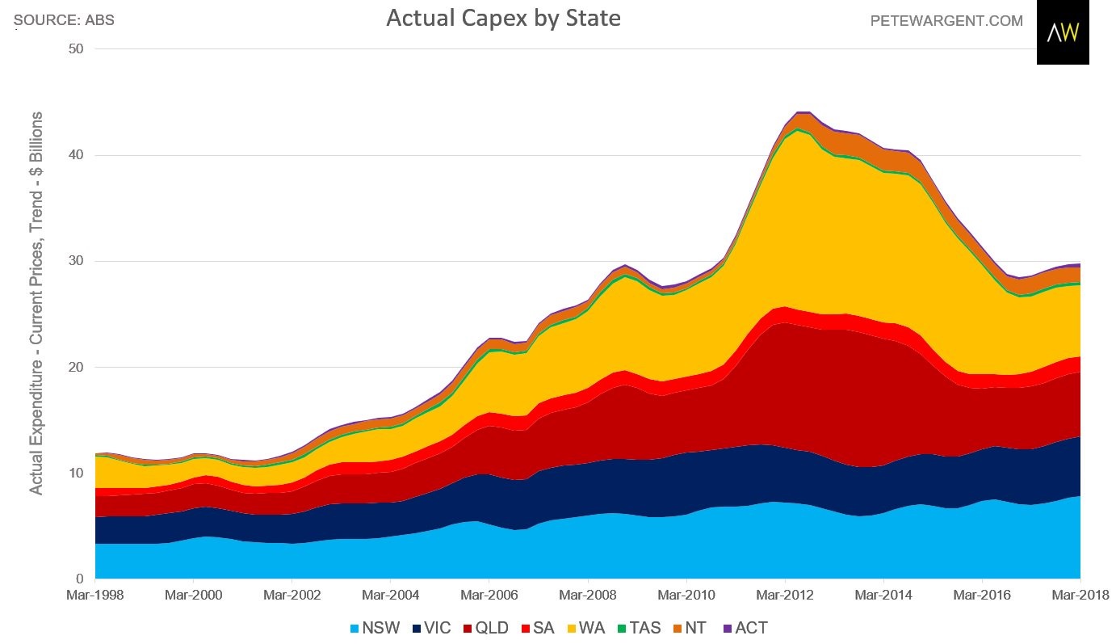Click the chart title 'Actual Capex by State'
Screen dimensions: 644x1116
click(503, 19)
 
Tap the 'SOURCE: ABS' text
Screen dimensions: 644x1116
click(64, 20)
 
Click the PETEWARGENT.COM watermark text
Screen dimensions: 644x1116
click(946, 21)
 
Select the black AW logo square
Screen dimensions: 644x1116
click(1063, 32)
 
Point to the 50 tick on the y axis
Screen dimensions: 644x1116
click(78, 49)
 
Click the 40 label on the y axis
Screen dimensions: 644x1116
click(78, 155)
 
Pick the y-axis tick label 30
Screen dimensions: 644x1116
click(78, 261)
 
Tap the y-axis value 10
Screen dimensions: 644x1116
click(78, 474)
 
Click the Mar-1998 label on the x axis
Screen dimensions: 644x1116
click(95, 596)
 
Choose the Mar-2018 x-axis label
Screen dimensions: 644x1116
click(1079, 596)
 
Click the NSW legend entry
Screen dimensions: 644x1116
click(375, 628)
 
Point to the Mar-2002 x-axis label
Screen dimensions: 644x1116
click(292, 596)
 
